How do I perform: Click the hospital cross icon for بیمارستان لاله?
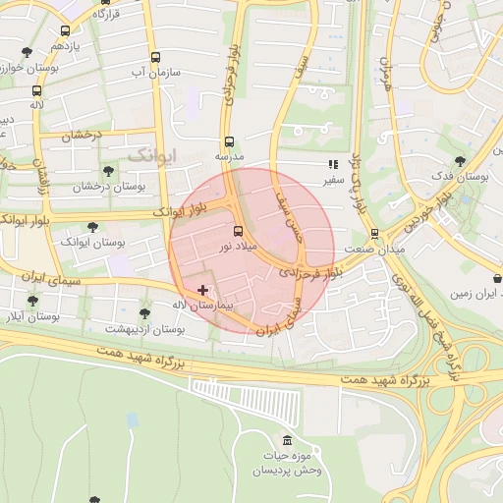[203, 290]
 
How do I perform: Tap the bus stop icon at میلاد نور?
[239, 231]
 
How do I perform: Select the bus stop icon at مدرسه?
[229, 141]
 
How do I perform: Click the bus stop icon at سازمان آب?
[155, 58]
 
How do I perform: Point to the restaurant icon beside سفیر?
[333, 165]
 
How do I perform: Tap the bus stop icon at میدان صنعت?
[374, 234]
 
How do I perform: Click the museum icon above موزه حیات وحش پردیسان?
[286, 439]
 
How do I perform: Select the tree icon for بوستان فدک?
[460, 161]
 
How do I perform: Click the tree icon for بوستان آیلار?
[32, 302]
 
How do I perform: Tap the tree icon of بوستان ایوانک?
[92, 227]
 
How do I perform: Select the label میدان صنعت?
[377, 250]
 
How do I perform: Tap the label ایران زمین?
[475, 293]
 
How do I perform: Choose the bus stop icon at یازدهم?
[65, 31]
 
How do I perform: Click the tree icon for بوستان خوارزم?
[26, 53]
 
